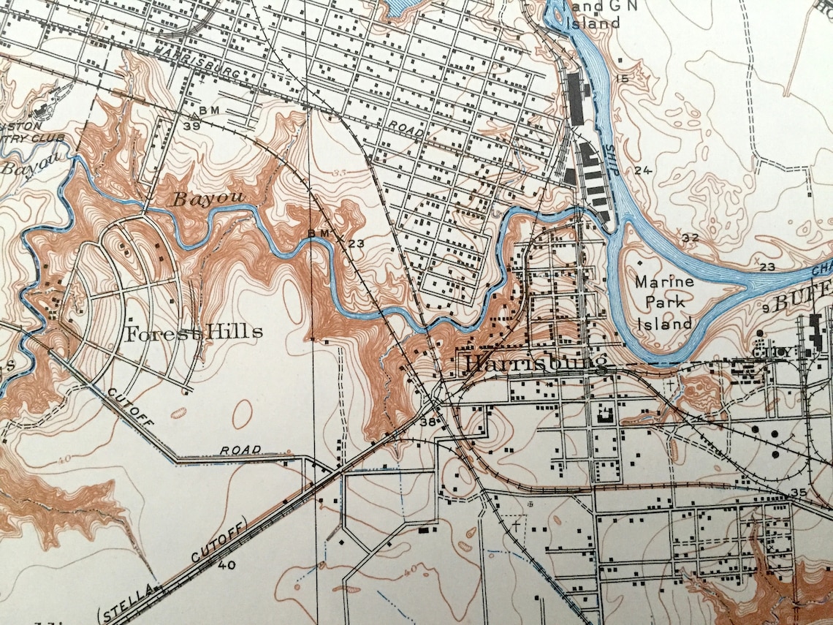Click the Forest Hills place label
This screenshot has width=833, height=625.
pos(194,334)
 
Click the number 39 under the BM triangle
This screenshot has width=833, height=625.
pos(192,126)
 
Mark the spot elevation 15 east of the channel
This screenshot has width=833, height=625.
pos(623,79)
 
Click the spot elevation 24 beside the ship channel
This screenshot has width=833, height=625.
pos(642,171)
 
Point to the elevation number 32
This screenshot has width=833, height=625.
pos(691,238)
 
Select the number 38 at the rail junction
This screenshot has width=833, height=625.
pos(427,422)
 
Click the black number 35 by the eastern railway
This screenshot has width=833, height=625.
pos(799,493)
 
